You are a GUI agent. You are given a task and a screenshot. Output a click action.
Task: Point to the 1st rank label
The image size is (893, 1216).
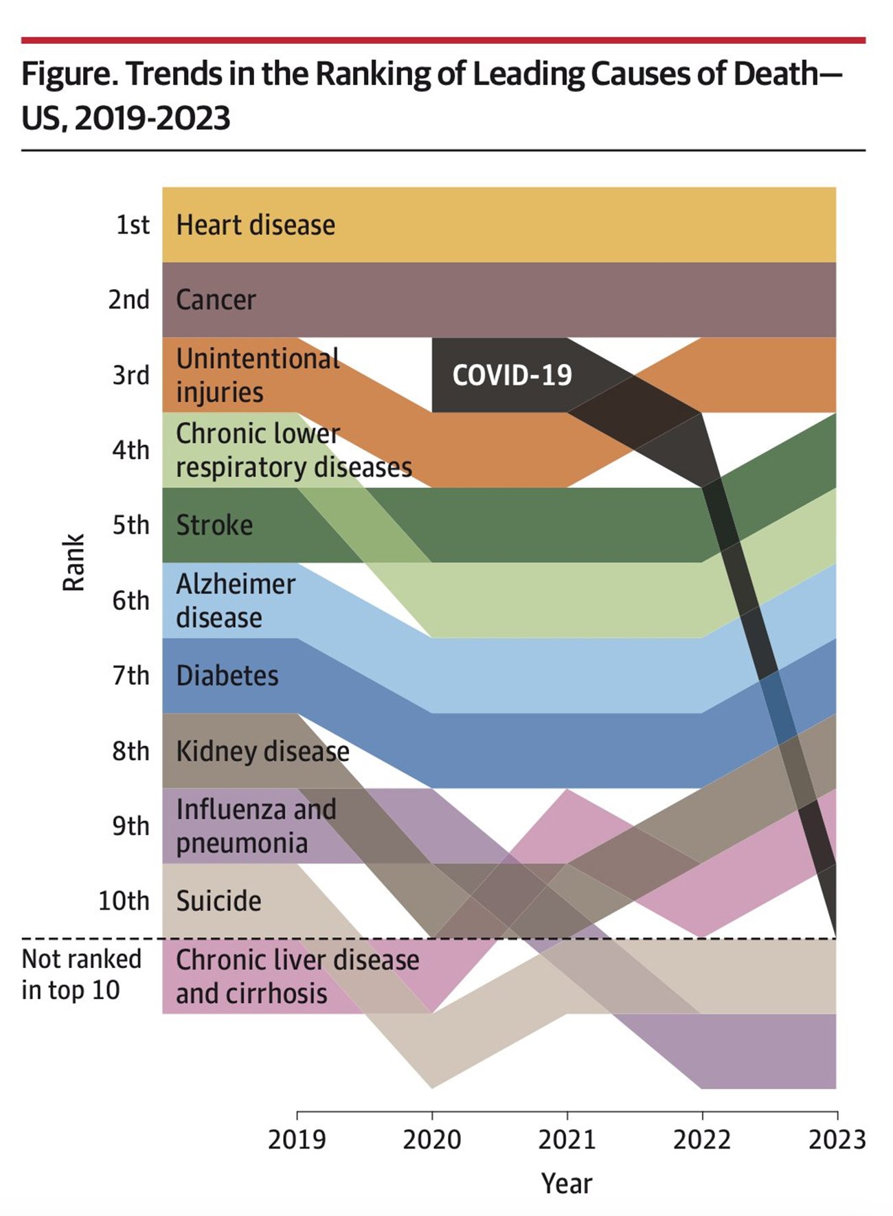[x=132, y=225]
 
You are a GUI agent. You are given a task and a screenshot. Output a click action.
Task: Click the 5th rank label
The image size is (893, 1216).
[x=131, y=526]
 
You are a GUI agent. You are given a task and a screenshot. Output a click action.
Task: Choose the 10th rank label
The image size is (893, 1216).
[x=124, y=901]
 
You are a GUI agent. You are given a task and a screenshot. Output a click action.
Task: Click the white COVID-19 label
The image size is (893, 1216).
[x=512, y=375]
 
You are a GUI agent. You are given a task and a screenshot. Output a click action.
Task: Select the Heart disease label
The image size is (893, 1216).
[x=256, y=225]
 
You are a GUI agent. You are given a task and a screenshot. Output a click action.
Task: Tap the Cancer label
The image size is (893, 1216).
[x=216, y=300]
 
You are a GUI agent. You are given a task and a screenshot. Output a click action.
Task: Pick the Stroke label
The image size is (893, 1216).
[x=214, y=526]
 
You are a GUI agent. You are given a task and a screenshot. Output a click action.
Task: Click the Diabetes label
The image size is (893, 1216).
[x=227, y=676]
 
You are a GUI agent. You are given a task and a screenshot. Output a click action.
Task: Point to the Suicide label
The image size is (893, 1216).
[x=218, y=901]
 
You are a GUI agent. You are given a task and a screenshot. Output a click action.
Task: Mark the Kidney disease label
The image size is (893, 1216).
[x=262, y=752]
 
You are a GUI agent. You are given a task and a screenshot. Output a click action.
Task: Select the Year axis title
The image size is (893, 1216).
[x=566, y=1184]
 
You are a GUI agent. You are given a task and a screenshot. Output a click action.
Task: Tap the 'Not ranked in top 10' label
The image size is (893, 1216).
[x=81, y=974]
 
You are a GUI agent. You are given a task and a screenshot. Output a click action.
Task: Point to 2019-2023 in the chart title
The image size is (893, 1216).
[x=152, y=119]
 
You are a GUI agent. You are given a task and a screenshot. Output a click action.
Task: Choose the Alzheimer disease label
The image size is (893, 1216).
[x=236, y=600]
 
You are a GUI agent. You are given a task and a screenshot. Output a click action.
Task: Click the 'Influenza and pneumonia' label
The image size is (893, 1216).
[x=256, y=826]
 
